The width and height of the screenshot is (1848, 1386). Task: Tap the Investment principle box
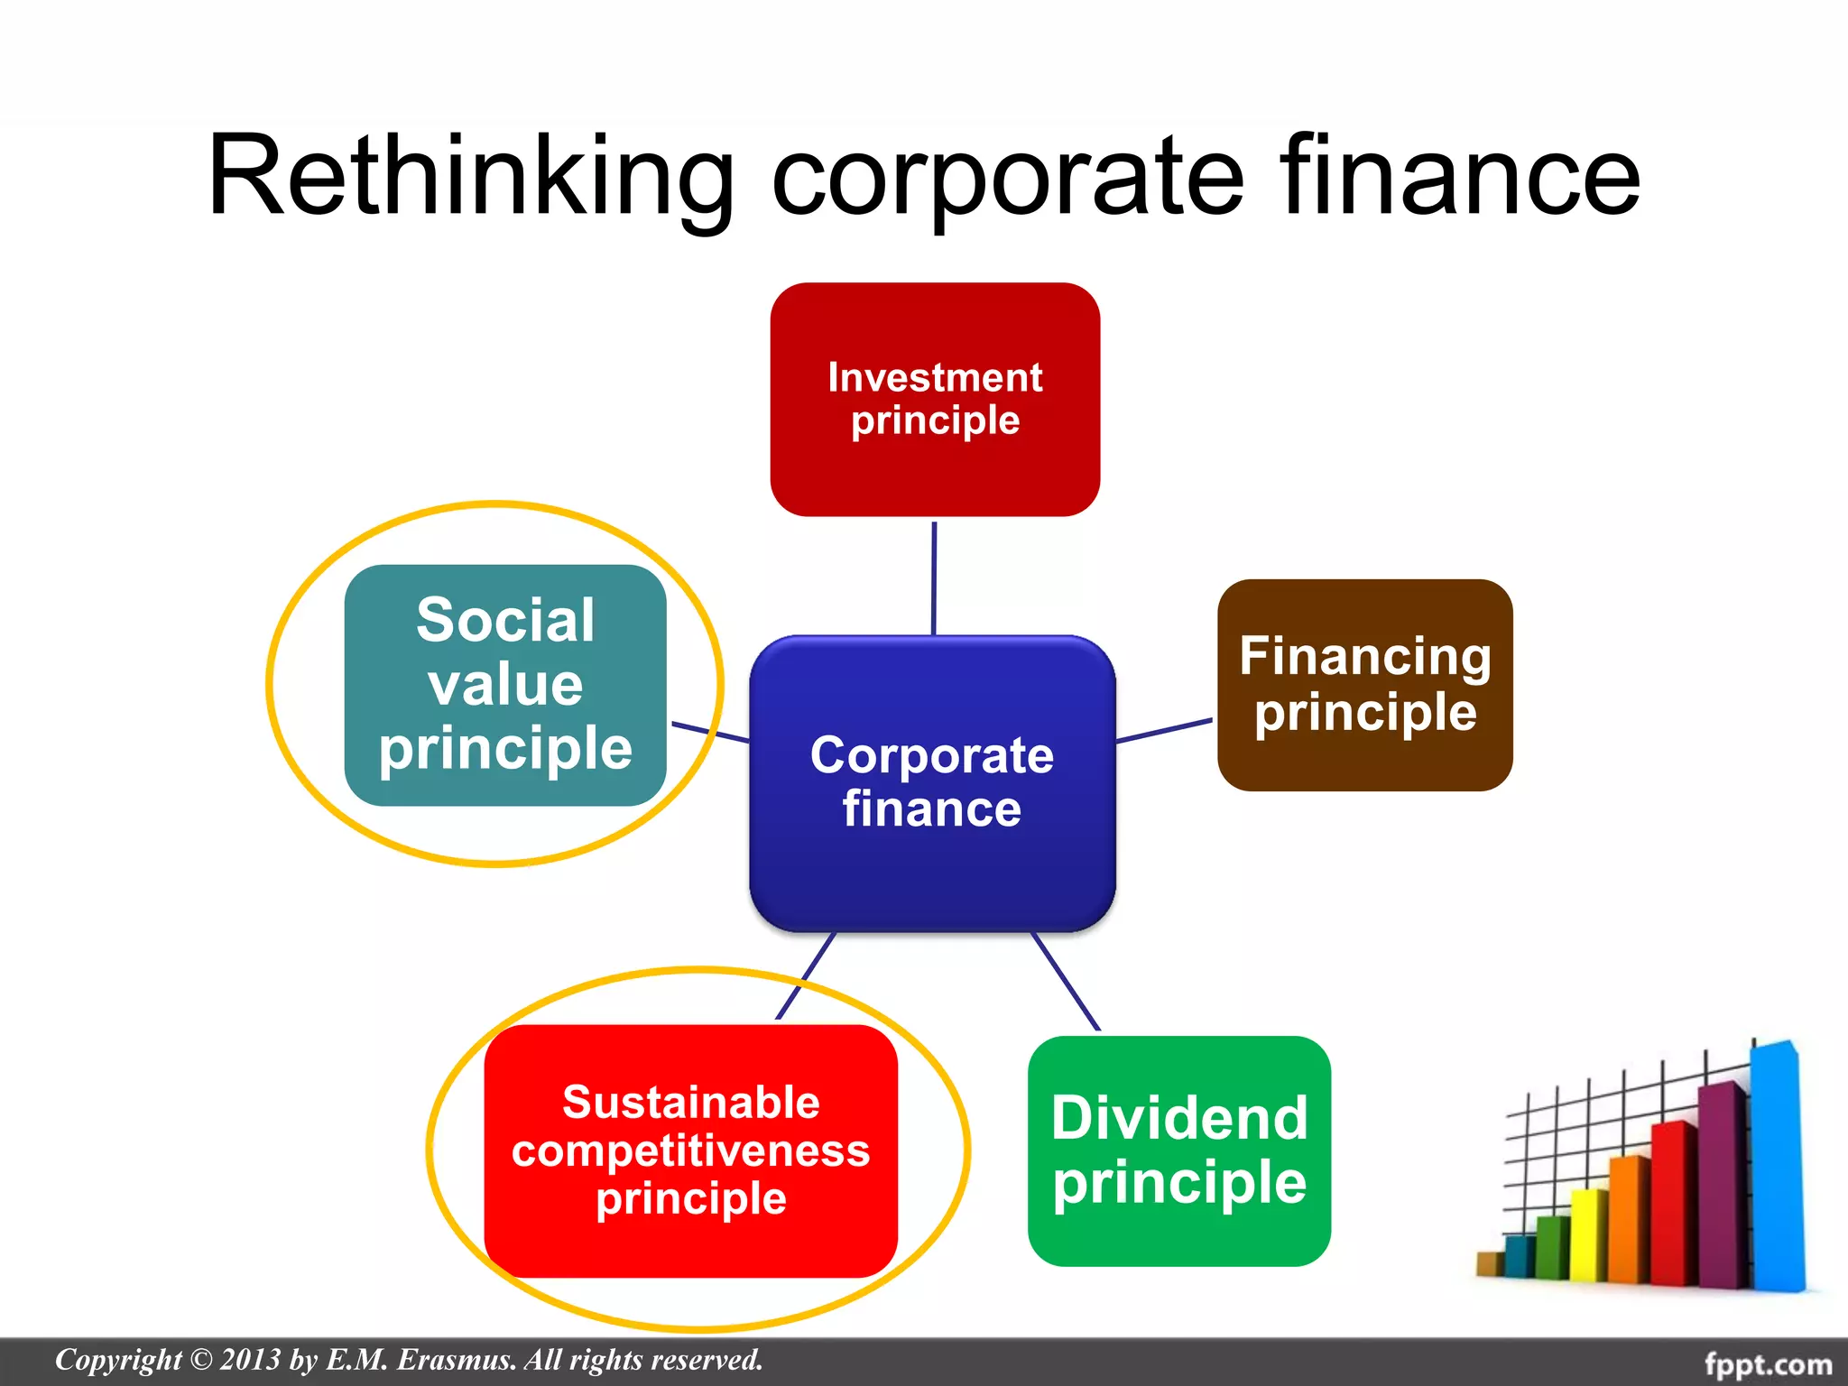(935, 399)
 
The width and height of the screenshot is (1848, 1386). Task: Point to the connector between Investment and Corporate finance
(934, 577)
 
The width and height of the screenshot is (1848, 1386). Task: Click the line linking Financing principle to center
(1164, 730)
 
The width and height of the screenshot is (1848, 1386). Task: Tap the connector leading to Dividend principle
(1066, 982)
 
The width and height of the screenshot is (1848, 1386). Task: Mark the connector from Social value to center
(710, 732)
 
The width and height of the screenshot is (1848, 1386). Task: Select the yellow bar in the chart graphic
(1588, 1236)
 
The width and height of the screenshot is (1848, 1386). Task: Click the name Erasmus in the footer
(456, 1360)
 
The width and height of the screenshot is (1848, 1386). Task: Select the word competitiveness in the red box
(690, 1151)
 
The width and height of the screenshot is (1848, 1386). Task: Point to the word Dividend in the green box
(1178, 1119)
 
